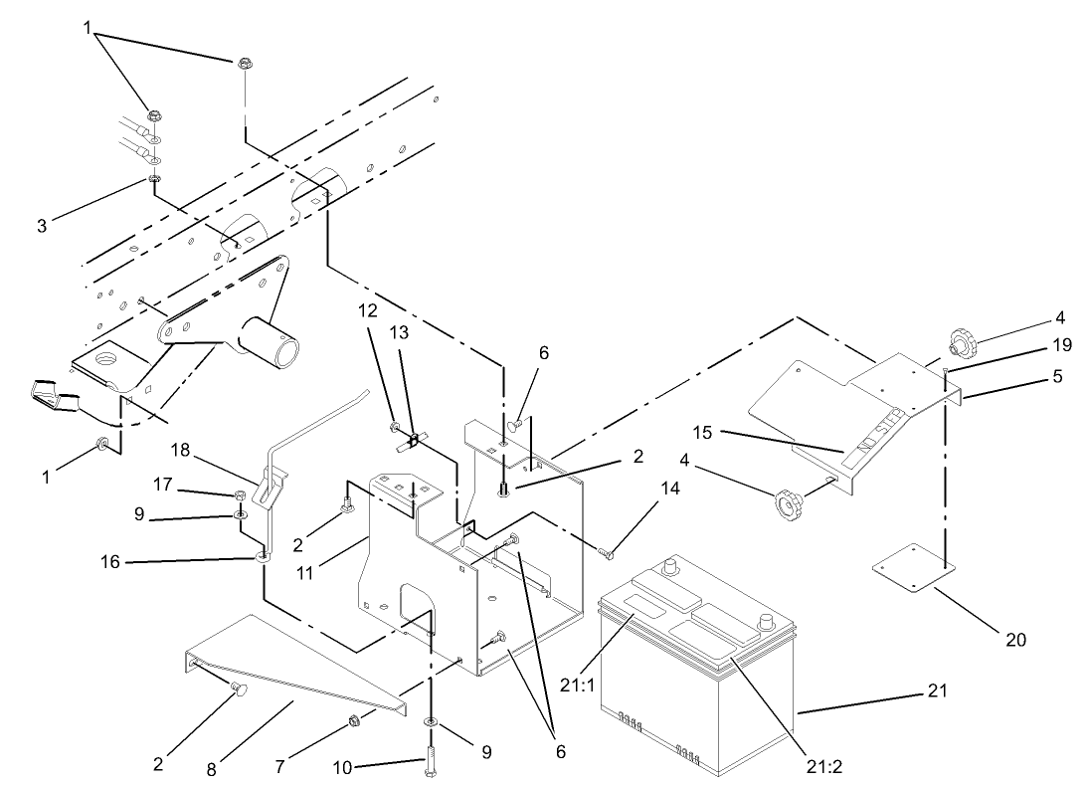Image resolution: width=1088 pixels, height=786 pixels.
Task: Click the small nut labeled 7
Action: tap(355, 720)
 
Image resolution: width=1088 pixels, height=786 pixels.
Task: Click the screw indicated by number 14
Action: tap(608, 550)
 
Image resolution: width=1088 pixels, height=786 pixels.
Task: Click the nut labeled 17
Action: tap(242, 494)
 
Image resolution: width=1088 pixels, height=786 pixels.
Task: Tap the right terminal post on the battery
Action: tap(767, 624)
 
